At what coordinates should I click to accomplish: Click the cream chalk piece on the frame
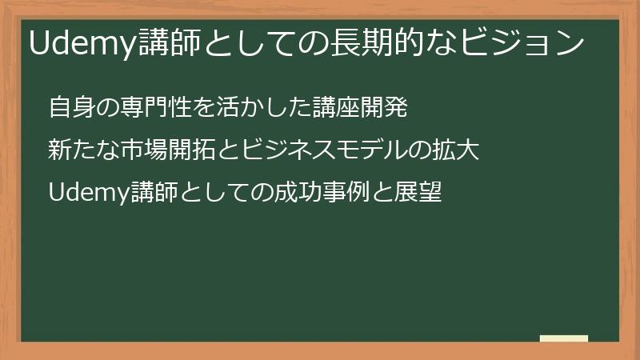[x=564, y=338]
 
